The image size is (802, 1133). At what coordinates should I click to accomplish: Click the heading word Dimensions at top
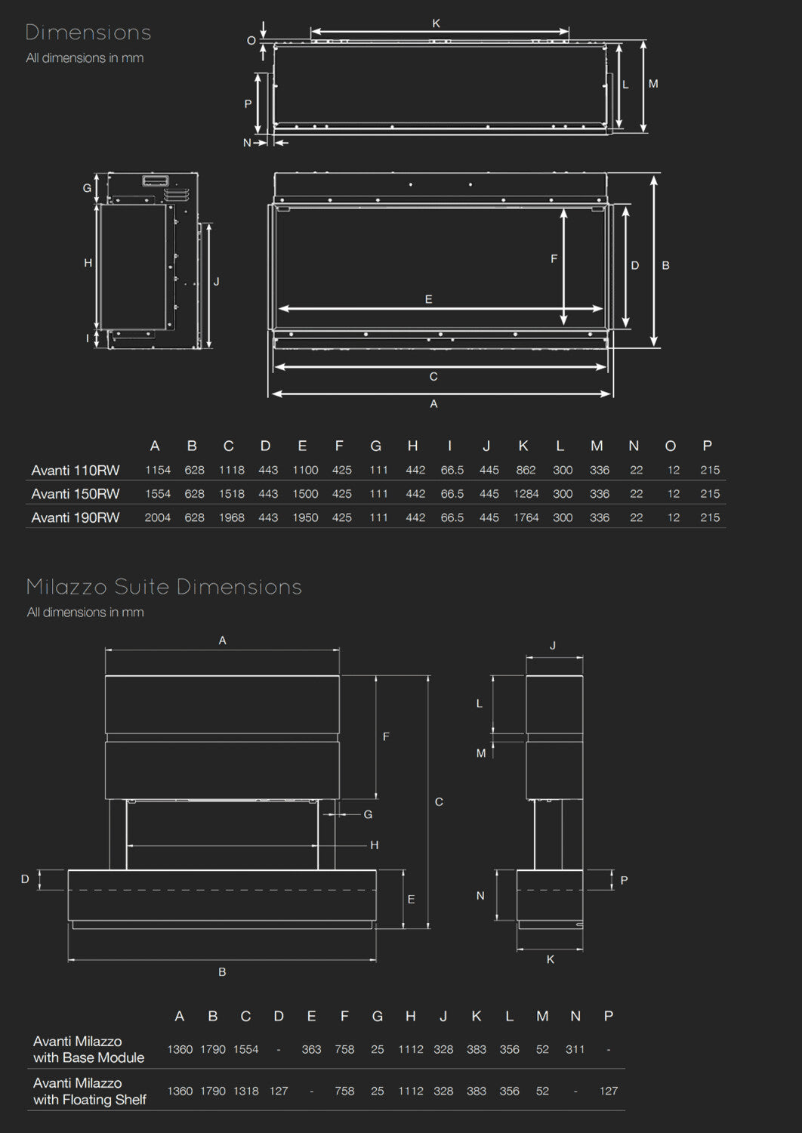coord(88,32)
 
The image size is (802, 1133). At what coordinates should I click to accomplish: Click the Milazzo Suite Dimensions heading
coord(164,587)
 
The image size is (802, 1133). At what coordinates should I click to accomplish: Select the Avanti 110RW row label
coord(76,471)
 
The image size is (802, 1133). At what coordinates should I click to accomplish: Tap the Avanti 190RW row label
coord(76,518)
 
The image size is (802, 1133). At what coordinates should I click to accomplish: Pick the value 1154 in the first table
coord(158,471)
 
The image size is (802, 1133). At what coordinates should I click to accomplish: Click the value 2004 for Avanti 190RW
coord(158,518)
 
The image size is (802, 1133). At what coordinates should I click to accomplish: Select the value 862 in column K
coord(526,471)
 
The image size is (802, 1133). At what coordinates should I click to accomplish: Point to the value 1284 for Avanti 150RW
coord(526,494)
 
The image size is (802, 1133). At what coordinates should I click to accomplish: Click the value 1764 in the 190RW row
coord(526,518)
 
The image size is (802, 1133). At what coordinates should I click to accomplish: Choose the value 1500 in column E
coord(305,494)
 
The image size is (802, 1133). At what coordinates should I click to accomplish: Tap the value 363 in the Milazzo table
coord(311,1050)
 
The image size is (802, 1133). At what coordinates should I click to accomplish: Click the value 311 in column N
coord(575,1050)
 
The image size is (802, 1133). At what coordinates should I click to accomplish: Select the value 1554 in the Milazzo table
coord(245,1050)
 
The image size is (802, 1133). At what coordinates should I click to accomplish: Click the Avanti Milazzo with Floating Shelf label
coord(89,1091)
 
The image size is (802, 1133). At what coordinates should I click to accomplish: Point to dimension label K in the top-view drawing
coord(436,23)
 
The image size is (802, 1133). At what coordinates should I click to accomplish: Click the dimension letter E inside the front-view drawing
coord(428,300)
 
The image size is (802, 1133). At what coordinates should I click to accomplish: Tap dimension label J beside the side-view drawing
coord(217,282)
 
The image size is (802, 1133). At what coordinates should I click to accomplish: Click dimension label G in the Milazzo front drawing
coord(368,814)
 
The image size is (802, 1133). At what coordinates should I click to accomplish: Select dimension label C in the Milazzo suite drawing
coord(439,802)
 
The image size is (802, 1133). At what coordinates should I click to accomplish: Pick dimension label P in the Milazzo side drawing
coord(624,880)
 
